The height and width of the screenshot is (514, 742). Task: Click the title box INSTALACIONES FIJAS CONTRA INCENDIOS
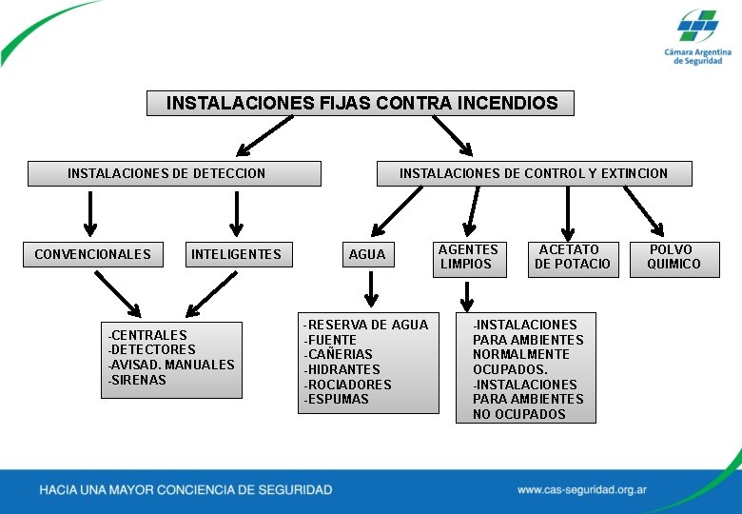point(361,103)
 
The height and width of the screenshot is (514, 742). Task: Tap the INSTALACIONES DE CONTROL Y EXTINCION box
point(534,173)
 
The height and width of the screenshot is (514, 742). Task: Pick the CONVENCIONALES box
point(92,254)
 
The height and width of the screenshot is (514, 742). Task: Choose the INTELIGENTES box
point(236,254)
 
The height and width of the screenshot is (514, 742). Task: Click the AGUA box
point(367,254)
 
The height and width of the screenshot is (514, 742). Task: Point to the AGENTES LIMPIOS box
point(467,257)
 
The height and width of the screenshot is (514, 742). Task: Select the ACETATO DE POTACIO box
point(572,257)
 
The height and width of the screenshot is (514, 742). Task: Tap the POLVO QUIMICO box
point(674,257)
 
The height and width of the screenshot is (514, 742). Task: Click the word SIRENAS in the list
point(140,380)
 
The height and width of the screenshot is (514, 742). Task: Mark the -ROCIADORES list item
point(348,385)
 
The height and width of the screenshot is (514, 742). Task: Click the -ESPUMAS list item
point(337,399)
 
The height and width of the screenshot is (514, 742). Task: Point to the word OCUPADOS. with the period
point(510,369)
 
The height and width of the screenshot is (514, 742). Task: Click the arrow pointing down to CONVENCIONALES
point(90,212)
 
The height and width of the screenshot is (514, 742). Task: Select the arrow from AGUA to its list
point(372,288)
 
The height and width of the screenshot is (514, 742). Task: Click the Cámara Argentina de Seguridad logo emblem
point(698,26)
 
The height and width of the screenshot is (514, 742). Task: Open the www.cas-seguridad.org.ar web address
point(582,490)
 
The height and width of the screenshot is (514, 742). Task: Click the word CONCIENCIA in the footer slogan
point(201,490)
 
